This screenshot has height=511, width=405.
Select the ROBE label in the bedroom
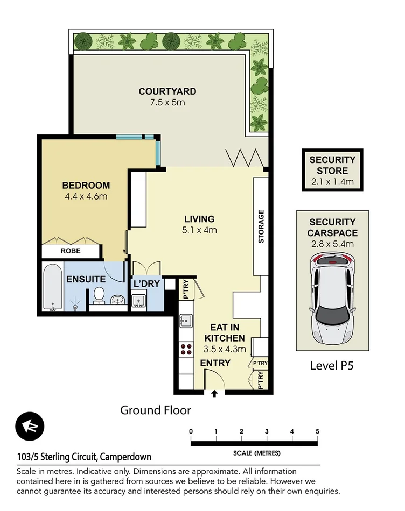[71, 251]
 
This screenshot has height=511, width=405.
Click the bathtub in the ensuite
[52, 287]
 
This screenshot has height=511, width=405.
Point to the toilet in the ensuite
[99, 295]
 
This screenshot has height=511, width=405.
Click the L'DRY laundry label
[146, 283]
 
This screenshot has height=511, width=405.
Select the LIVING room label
[199, 219]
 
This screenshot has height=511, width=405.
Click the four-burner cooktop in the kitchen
[186, 349]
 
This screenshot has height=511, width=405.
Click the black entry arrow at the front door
[214, 394]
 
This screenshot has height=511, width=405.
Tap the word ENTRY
[215, 363]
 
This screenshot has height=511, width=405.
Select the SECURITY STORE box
[332, 171]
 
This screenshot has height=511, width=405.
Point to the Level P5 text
[331, 366]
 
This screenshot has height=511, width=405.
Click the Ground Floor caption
[155, 410]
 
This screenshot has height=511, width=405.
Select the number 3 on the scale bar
[267, 431]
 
